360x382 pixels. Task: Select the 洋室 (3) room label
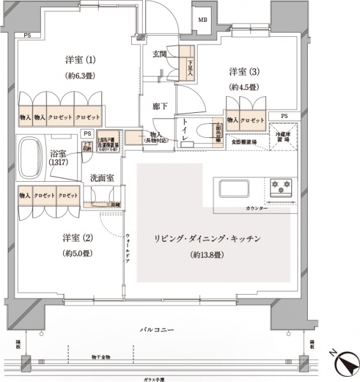pyautogui.click(x=243, y=71)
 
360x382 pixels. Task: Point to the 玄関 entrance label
pyautogui.click(x=159, y=55)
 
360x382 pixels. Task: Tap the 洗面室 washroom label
pyautogui.click(x=101, y=179)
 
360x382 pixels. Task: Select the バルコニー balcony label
pyautogui.click(x=159, y=330)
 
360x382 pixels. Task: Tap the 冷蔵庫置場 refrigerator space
pyautogui.click(x=282, y=138)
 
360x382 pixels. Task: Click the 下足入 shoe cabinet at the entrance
pyautogui.click(x=189, y=64)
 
